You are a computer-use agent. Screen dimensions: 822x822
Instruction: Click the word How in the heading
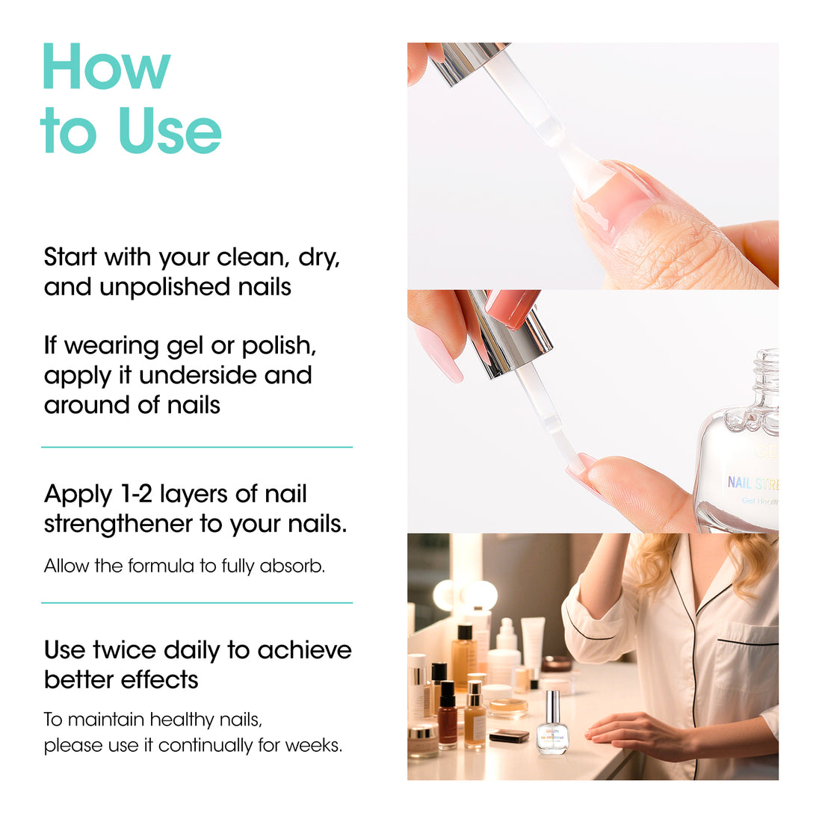coord(106,67)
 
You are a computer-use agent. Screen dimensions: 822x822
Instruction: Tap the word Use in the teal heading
coord(170,130)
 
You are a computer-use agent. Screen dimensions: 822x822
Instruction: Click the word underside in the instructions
coord(199,375)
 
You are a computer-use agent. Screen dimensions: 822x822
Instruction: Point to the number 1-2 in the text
coord(136,494)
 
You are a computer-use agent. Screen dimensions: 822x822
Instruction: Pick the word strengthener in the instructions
coord(119,525)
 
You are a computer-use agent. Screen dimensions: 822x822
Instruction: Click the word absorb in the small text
coord(292,566)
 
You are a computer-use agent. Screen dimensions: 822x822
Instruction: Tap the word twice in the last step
coord(124,650)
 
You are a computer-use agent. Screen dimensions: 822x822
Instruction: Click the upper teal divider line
coord(197,447)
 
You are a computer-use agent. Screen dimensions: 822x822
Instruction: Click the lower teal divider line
coord(197,603)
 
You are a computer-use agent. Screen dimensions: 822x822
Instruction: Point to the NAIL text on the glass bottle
coord(739,482)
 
